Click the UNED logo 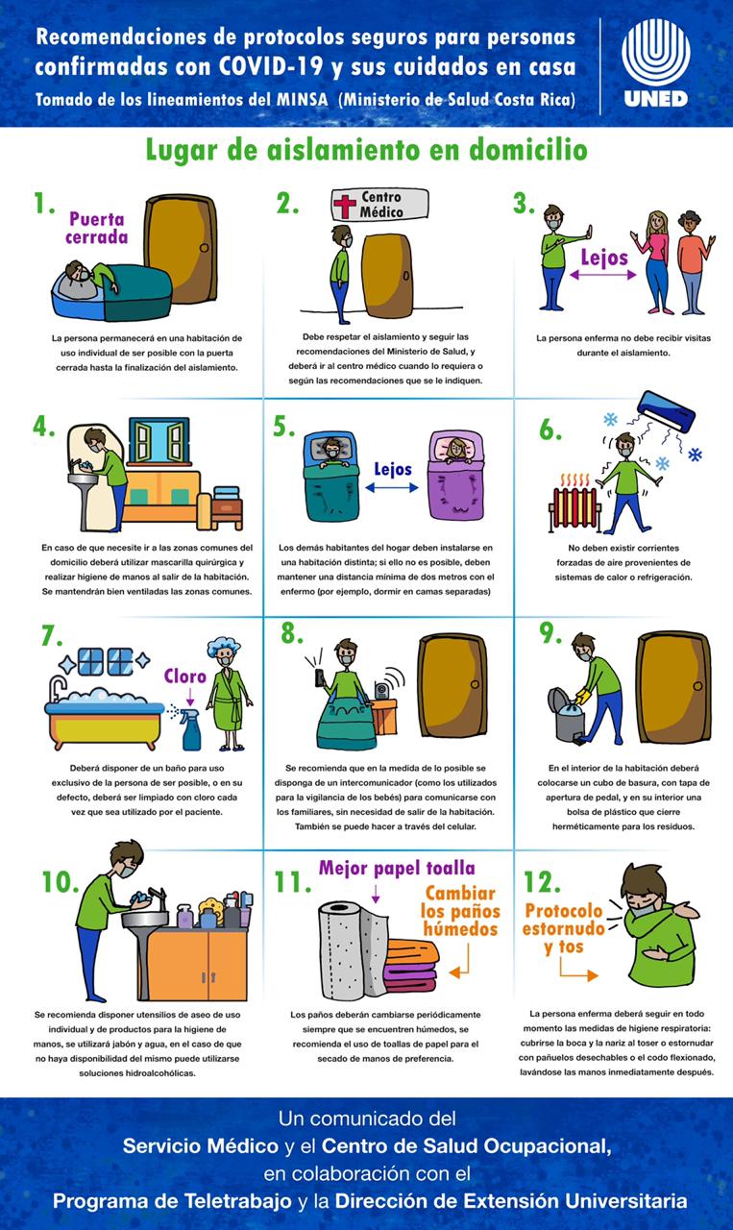point(655,62)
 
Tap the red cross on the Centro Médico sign point(345,207)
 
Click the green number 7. point(52,636)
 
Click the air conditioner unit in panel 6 point(666,410)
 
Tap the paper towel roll point(354,950)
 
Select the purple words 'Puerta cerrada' point(97,228)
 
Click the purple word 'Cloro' point(185,676)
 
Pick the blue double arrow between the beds point(392,487)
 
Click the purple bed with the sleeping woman point(455,476)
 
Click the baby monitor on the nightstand point(382,689)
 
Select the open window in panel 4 point(159,440)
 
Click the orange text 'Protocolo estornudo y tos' point(563,928)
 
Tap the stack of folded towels point(412,967)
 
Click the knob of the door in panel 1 point(205,248)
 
